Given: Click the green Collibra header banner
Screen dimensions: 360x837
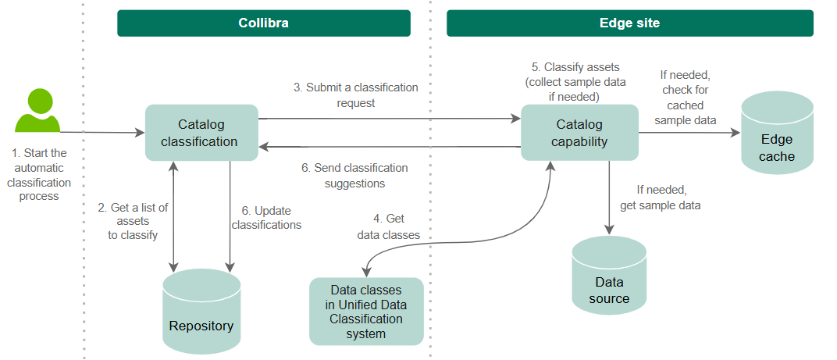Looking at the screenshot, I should coord(263,23).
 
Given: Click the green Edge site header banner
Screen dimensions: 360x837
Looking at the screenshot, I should coord(629,23).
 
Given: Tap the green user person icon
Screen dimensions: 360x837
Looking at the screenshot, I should coord(37,112).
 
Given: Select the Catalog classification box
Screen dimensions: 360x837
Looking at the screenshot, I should coord(201,133).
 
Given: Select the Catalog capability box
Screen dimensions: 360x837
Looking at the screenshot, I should coord(579,133).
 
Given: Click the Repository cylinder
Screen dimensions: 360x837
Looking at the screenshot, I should coord(201,312).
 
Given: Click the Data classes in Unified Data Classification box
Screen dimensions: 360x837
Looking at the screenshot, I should coord(366,311).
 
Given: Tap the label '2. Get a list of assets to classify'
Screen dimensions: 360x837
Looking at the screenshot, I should coord(133,221).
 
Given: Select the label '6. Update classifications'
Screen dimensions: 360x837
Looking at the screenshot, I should coord(266,218).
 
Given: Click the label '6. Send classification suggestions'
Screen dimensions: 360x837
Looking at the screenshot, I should coord(354,176).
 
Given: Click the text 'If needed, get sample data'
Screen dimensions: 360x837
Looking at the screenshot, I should coord(660,198).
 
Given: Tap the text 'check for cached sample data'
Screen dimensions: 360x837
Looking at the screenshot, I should coord(685,105).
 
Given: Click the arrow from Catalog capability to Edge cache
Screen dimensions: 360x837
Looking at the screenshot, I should coord(688,133).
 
